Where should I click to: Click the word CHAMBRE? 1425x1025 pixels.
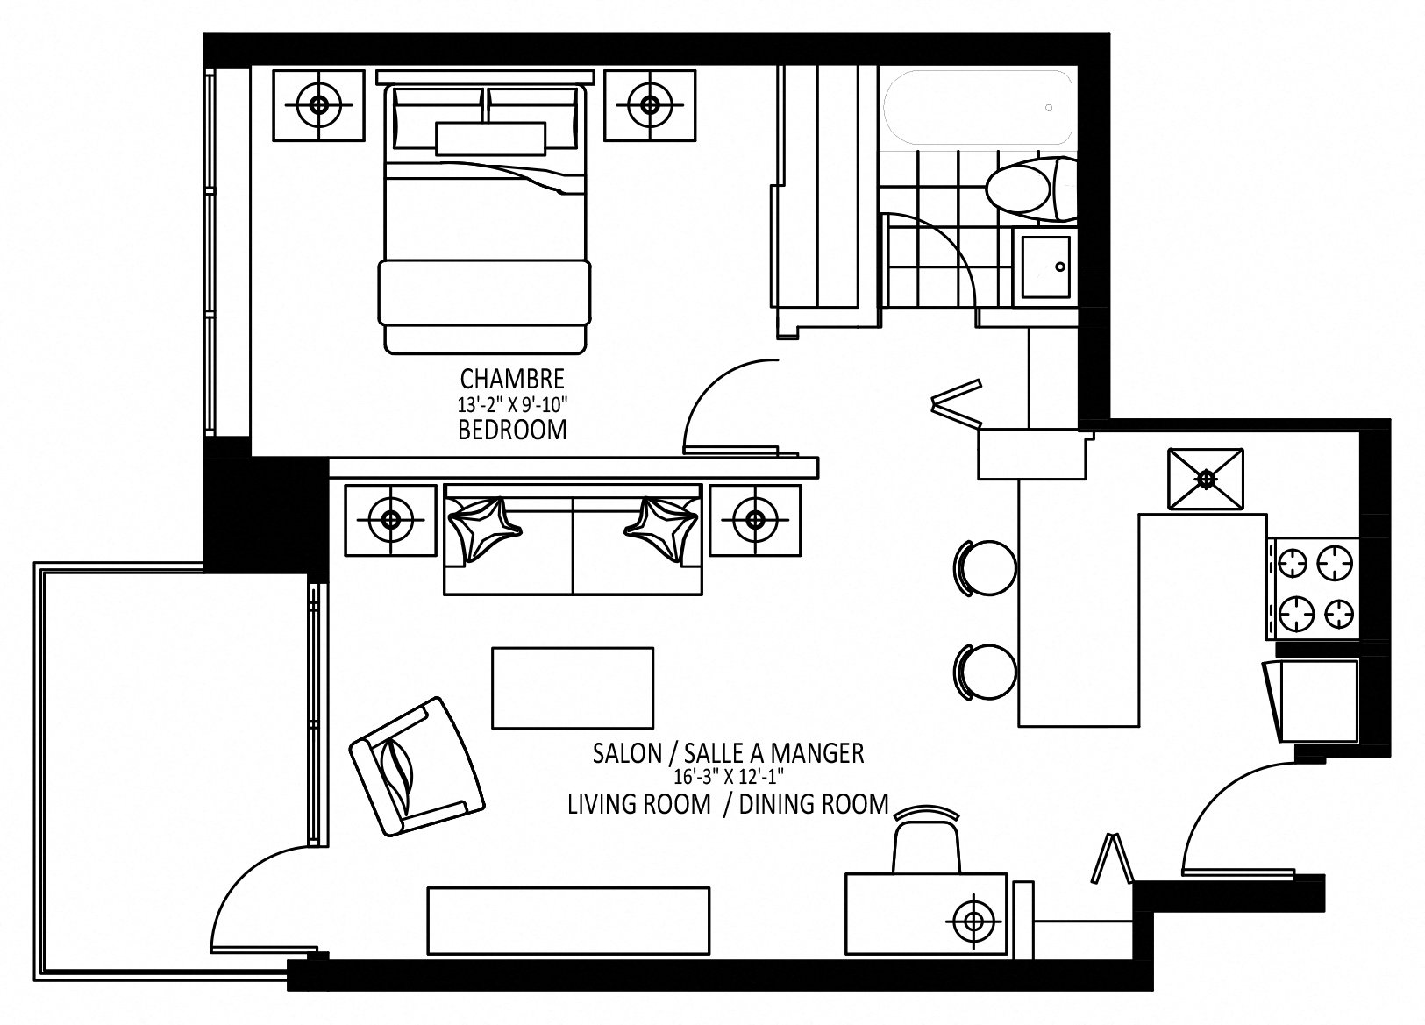click(x=512, y=379)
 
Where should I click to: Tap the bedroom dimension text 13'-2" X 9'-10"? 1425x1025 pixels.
click(x=512, y=404)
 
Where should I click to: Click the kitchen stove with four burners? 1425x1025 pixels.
click(x=1313, y=587)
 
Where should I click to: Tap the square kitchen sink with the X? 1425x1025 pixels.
click(x=1206, y=479)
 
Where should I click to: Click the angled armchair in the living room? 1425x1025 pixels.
click(x=417, y=765)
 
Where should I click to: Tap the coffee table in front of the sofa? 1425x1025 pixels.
click(x=573, y=687)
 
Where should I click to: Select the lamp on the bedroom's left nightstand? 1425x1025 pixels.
click(x=318, y=105)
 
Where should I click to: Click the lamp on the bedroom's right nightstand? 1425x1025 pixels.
click(x=649, y=105)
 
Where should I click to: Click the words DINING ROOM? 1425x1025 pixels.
click(x=814, y=804)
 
